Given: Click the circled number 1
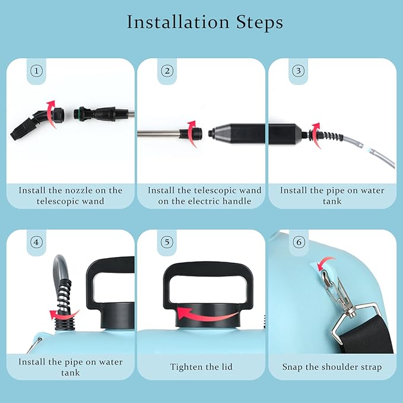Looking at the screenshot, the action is pyautogui.click(x=36, y=71).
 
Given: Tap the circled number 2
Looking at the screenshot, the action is pyautogui.click(x=167, y=71).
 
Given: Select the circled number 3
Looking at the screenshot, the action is pyautogui.click(x=299, y=71).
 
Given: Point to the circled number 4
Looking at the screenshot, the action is pyautogui.click(x=36, y=242).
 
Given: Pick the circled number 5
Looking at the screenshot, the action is pyautogui.click(x=167, y=242).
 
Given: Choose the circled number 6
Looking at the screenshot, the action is pyautogui.click(x=299, y=242).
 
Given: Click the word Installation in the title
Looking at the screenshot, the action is pyautogui.click(x=178, y=22).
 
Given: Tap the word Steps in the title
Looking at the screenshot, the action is pyautogui.click(x=259, y=23).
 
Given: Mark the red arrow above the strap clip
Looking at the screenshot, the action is pyautogui.click(x=326, y=263).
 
